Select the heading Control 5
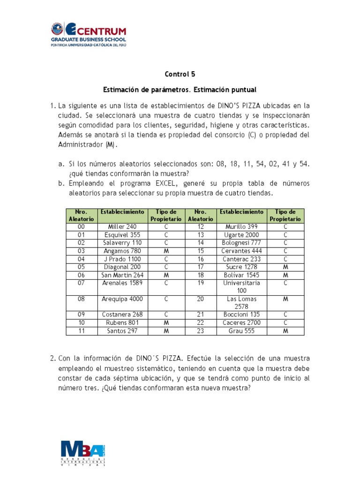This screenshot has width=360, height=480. [180, 74]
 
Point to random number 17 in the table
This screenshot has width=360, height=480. [201, 267]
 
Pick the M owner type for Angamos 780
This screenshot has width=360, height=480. [166, 251]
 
